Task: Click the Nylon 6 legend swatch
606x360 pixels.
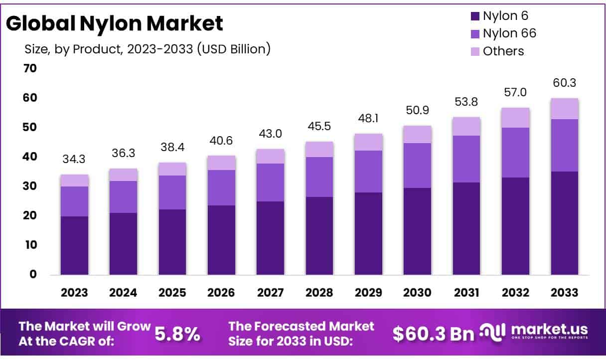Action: pos(475,16)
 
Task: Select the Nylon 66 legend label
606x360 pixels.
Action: pos(509,33)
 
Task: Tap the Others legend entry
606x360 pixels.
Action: pos(503,51)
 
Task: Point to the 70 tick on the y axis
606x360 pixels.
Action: pos(30,68)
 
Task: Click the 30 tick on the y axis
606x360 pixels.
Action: pos(30,186)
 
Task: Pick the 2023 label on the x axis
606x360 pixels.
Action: pos(74,293)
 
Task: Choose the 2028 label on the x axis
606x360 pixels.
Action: pos(319,293)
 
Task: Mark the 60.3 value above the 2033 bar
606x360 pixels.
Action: pos(564,83)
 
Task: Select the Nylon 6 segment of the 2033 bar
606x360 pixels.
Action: pos(564,223)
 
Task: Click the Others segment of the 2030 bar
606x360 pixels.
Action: pos(417,134)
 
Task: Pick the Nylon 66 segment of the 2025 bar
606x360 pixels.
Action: pos(172,192)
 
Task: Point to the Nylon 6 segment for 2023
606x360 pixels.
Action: pos(74,245)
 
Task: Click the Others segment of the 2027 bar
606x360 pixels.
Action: pos(270,156)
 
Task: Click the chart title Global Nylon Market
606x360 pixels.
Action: pos(115,24)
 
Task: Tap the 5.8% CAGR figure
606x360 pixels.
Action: pos(178,334)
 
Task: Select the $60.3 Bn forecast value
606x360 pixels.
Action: pos(433,334)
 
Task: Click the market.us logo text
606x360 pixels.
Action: pos(548,330)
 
